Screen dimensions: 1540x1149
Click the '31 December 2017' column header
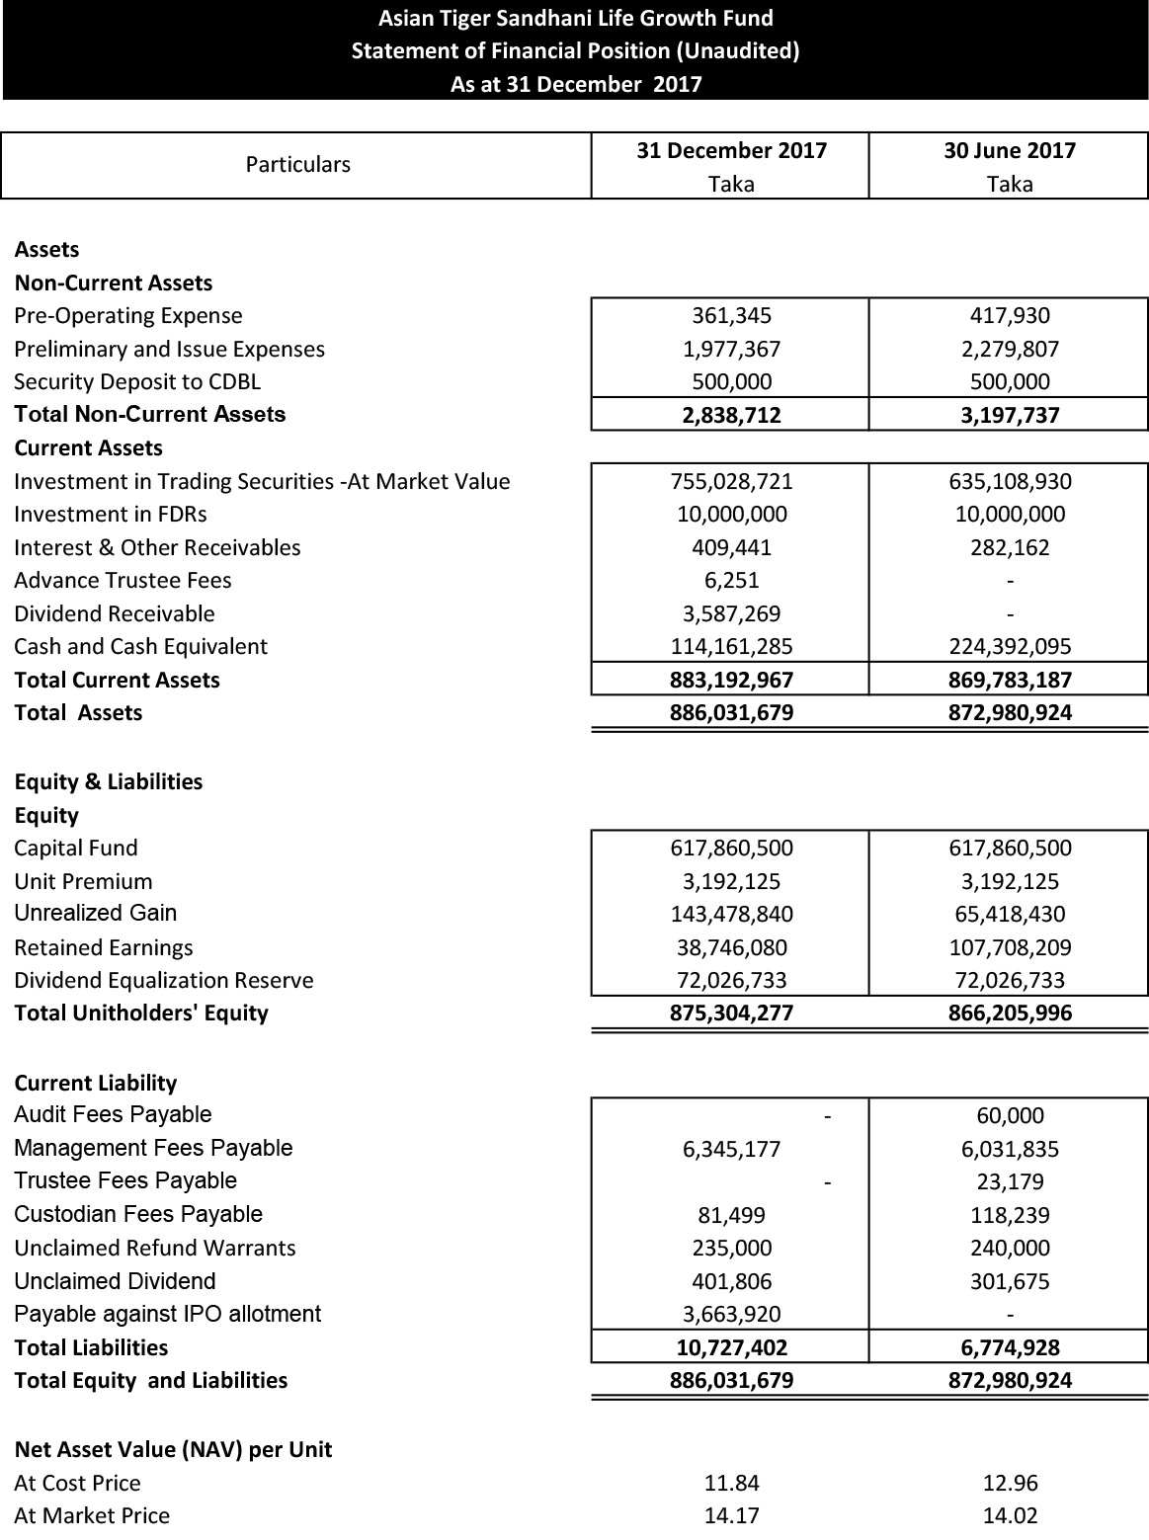click(x=731, y=151)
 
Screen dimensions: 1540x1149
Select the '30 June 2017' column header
click(x=1009, y=151)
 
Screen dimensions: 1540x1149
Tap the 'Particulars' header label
click(x=297, y=165)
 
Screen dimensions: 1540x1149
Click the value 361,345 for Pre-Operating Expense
click(x=731, y=316)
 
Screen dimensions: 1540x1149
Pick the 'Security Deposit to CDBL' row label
click(x=137, y=382)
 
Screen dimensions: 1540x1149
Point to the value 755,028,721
click(x=731, y=482)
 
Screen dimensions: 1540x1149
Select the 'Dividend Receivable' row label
click(x=115, y=614)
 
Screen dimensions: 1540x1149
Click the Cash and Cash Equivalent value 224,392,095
click(x=1009, y=647)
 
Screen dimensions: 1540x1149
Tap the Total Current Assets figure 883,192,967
click(x=731, y=681)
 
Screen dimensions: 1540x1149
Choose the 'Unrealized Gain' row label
click(x=96, y=914)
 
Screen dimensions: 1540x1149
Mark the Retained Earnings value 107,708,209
click(x=1009, y=948)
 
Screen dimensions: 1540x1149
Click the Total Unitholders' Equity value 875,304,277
click(x=731, y=1013)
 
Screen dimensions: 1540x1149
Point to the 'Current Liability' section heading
click(x=96, y=1084)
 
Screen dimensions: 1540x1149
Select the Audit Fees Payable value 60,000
click(x=1009, y=1116)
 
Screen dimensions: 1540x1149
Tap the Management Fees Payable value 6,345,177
click(x=731, y=1150)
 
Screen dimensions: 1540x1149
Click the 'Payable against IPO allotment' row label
click(x=168, y=1315)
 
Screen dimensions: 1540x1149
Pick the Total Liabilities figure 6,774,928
click(x=1009, y=1348)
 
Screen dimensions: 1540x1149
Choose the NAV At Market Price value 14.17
click(x=731, y=1516)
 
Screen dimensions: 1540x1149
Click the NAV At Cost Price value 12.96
click(x=1009, y=1484)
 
